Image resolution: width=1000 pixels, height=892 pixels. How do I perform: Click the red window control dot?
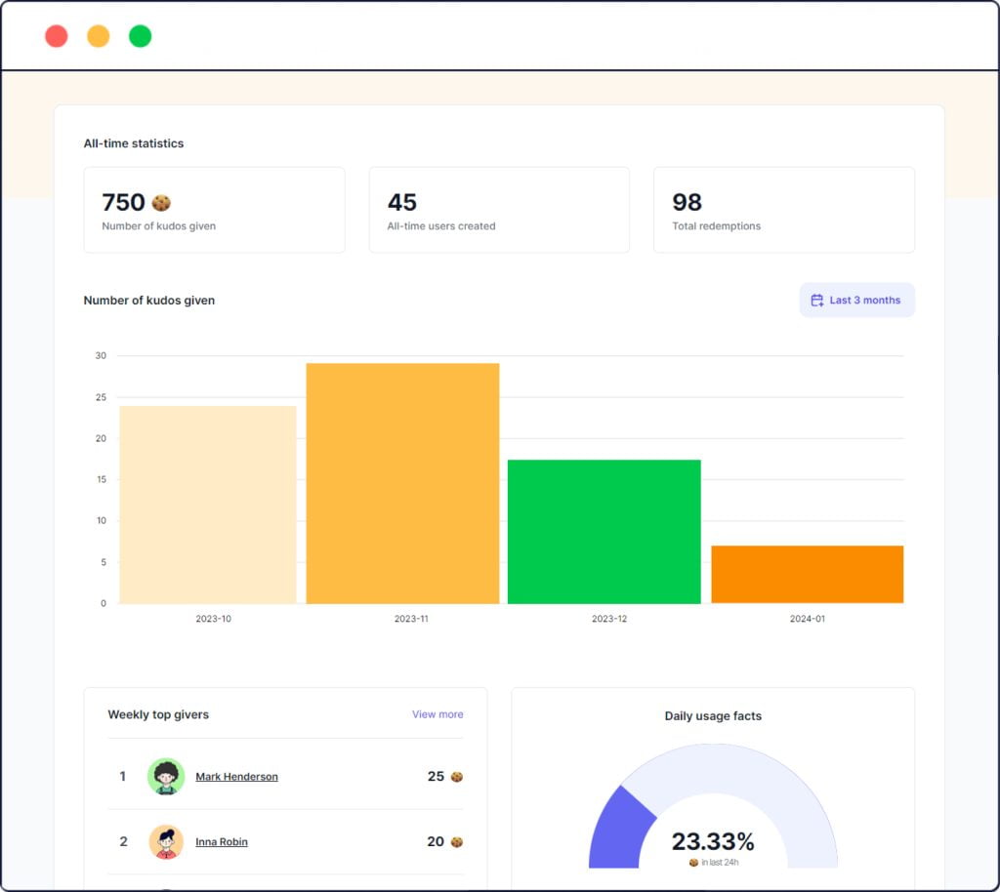57,36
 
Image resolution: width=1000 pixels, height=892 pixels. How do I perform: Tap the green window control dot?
141,36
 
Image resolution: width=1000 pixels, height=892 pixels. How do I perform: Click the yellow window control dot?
99,36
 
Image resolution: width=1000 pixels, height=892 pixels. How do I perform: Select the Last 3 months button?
856,301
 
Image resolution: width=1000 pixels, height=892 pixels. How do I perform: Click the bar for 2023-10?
208,505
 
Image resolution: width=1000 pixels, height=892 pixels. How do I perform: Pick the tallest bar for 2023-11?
402,483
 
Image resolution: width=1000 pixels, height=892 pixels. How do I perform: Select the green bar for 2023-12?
604,531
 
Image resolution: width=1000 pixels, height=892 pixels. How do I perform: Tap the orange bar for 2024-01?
807,574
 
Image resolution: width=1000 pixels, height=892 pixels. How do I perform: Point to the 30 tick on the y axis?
101,355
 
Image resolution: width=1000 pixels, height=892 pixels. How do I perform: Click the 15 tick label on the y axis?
101,479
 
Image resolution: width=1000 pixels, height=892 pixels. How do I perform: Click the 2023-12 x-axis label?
609,619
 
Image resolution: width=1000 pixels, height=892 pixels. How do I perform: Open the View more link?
437,714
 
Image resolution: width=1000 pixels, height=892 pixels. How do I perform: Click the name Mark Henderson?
236,777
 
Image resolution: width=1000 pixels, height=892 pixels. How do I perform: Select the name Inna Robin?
222,841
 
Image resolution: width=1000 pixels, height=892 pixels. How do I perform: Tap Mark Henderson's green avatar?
166,777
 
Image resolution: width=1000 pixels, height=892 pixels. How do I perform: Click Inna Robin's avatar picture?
166,841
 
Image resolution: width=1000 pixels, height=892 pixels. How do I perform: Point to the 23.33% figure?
713,841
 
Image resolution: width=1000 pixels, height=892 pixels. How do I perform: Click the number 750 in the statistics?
123,202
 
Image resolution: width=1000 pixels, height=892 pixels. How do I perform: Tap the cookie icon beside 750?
161,202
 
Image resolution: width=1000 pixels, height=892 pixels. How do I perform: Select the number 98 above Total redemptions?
687,202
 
